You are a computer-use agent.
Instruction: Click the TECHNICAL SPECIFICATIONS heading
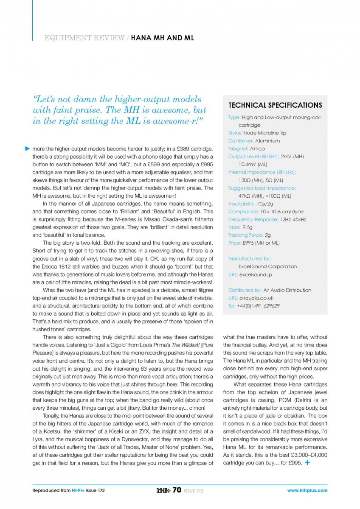pos(275,105)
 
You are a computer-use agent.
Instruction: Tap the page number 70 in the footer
pos(177,490)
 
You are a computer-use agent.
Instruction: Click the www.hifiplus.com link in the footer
pos(307,491)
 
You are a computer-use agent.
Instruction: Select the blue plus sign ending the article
pos(307,462)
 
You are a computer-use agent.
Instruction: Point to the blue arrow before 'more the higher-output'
pos(27,148)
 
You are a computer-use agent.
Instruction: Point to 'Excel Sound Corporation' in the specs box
pos(267,266)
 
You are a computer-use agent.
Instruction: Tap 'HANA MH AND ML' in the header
pos(162,38)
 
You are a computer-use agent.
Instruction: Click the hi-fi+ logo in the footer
pos(163,490)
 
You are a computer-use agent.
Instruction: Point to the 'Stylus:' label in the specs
pos(235,133)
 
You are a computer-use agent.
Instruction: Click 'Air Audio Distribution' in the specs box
pos(287,290)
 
